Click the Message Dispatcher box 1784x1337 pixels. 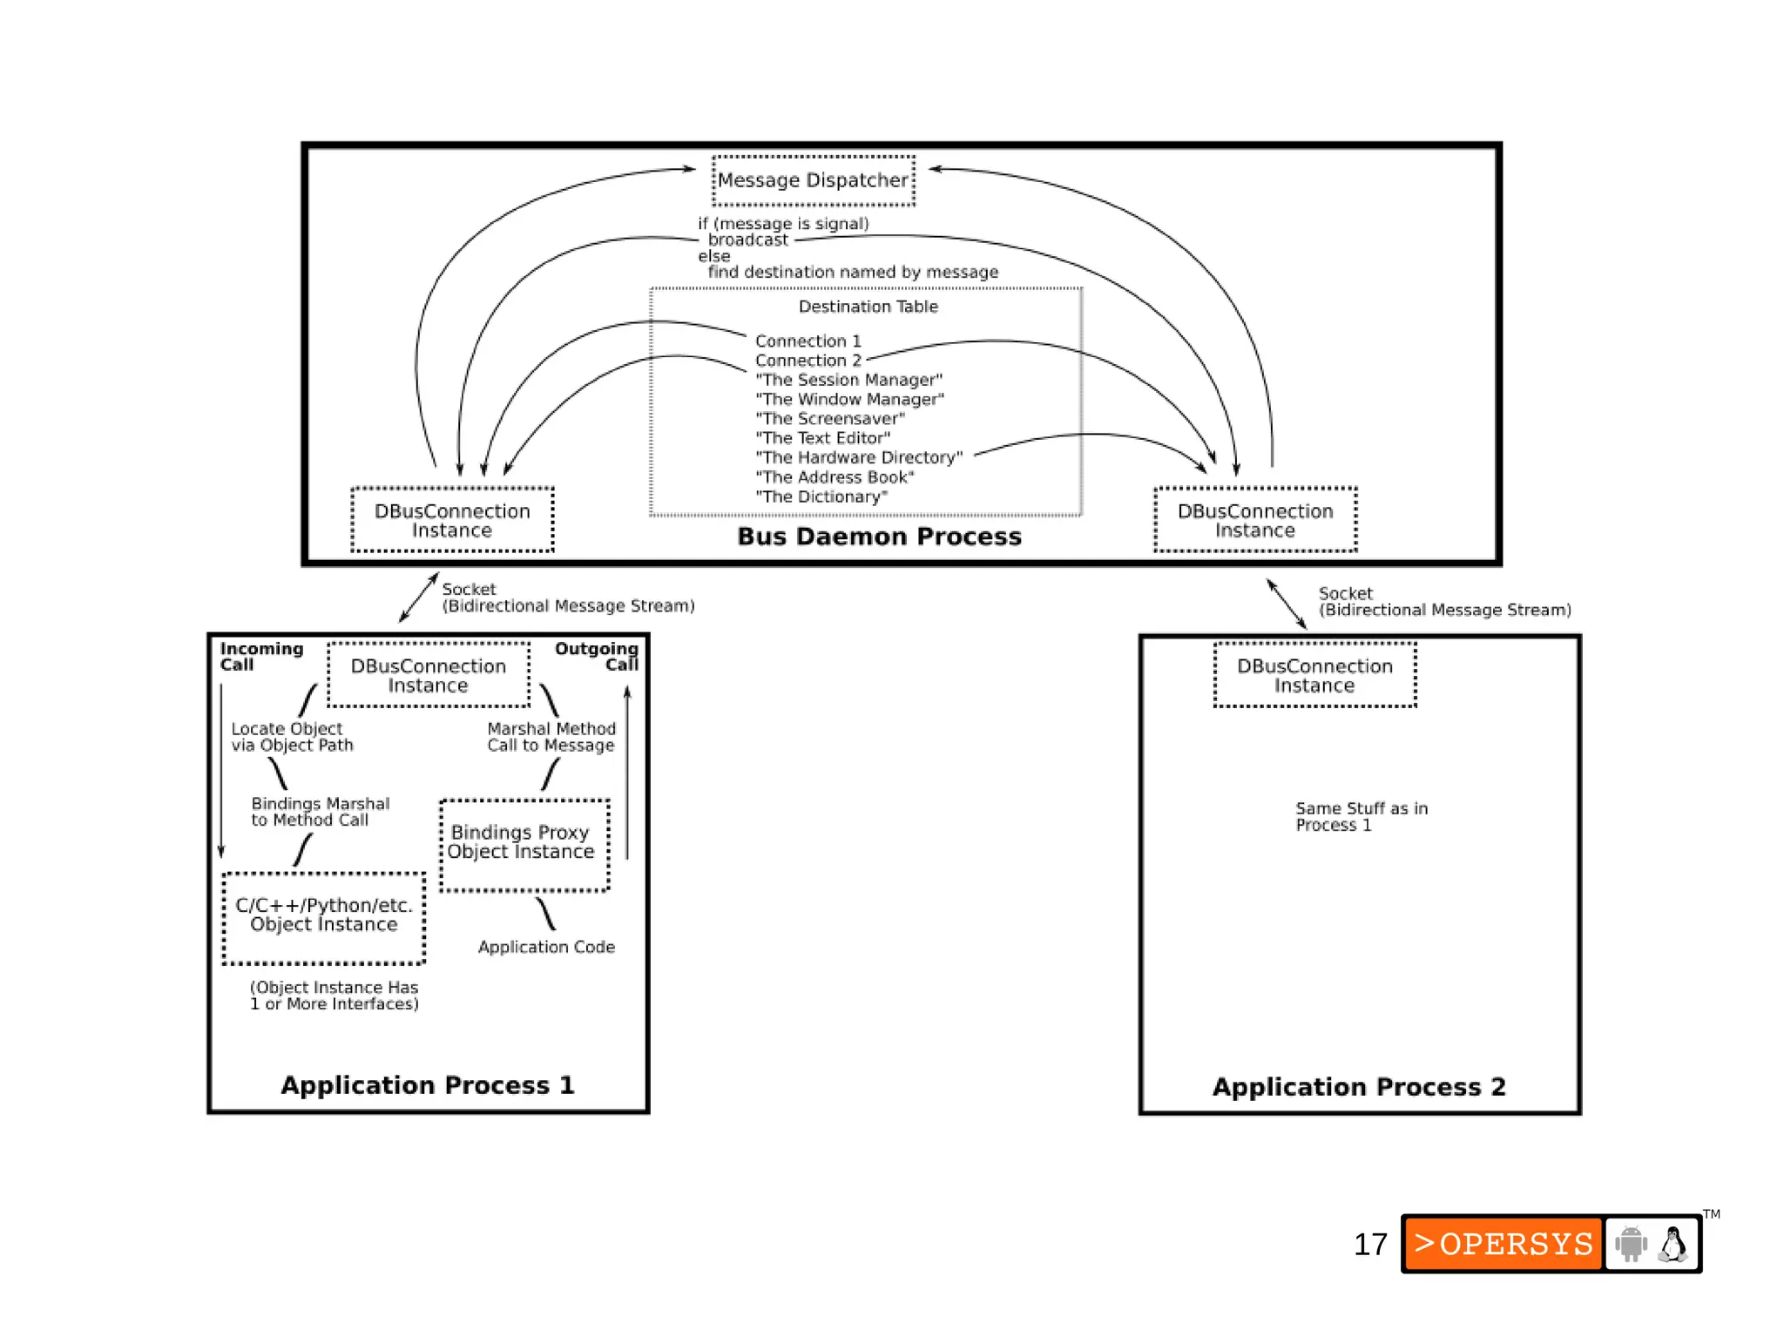(814, 180)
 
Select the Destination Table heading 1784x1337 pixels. (868, 307)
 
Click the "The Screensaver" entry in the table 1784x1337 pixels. (830, 419)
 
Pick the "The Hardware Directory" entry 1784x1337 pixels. (859, 458)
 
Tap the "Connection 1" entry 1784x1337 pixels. (808, 341)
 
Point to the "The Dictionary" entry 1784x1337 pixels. (821, 497)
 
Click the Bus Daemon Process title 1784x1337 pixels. (879, 537)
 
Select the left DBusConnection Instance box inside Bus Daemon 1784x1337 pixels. (452, 520)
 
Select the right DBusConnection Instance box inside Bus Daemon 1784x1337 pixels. (1255, 520)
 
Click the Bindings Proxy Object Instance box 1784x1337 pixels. (524, 843)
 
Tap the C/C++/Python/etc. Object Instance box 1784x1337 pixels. (324, 916)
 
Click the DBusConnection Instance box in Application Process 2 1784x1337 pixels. (1314, 675)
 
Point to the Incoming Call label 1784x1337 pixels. (260, 656)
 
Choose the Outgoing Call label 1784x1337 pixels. (598, 656)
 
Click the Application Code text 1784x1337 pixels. (546, 947)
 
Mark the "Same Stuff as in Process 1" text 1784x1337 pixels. (1360, 816)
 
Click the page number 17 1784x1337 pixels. (1369, 1244)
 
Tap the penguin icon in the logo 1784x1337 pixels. (1672, 1244)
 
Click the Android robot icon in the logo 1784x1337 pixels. (1631, 1244)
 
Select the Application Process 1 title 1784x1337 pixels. (427, 1085)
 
